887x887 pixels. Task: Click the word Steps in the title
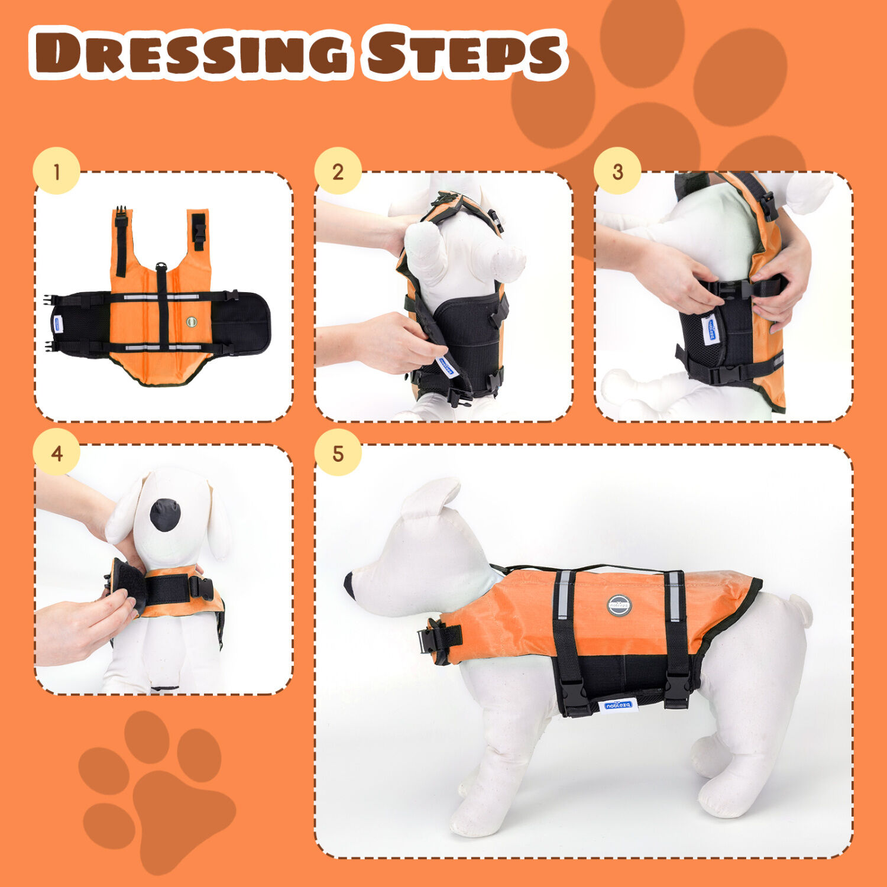point(464,54)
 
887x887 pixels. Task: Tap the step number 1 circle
point(56,171)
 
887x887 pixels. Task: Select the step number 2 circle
point(338,171)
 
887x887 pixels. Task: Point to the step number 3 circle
point(617,171)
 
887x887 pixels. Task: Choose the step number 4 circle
point(56,454)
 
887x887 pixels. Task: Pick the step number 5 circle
point(338,454)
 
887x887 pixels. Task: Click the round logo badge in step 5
point(619,605)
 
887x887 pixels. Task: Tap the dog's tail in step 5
point(801,610)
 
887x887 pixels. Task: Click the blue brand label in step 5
point(618,705)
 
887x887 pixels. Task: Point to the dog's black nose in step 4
point(165,514)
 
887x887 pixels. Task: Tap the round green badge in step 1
point(191,322)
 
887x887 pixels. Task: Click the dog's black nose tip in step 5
point(349,582)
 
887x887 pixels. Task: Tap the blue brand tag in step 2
point(446,367)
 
